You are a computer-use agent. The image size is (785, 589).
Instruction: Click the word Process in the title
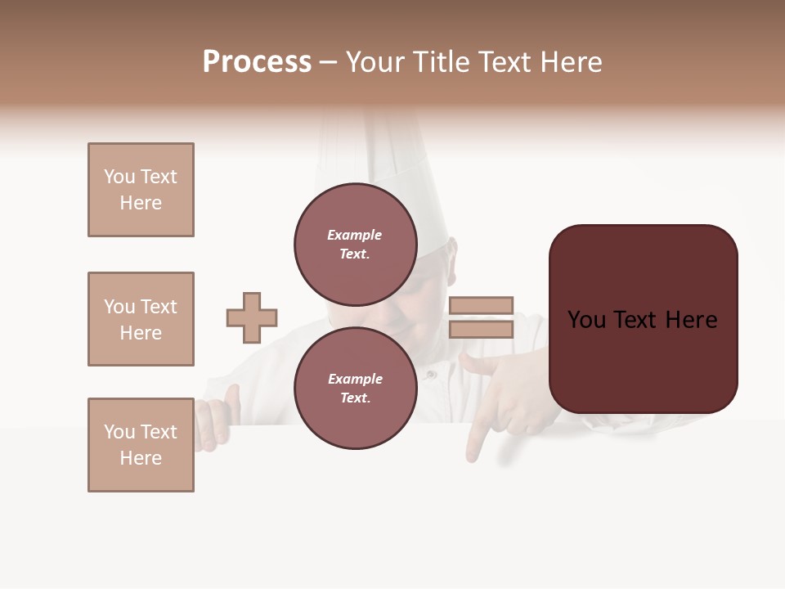point(257,62)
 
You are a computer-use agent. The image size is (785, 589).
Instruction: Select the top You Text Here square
point(141,190)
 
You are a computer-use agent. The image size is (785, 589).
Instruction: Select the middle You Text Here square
point(141,319)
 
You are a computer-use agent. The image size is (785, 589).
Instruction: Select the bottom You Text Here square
point(141,445)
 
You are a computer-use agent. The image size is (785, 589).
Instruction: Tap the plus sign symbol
point(252,317)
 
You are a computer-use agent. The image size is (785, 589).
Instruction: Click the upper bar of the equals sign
point(481,305)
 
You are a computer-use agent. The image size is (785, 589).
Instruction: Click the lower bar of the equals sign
point(481,329)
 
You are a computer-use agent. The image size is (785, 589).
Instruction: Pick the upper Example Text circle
point(356,244)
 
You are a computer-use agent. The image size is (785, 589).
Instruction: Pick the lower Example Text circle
point(356,388)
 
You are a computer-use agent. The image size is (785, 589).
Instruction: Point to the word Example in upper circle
point(354,235)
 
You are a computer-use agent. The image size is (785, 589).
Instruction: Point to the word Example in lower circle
point(355,379)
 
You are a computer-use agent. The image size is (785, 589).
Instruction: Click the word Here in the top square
point(141,203)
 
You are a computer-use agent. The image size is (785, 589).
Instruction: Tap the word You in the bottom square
point(119,432)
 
